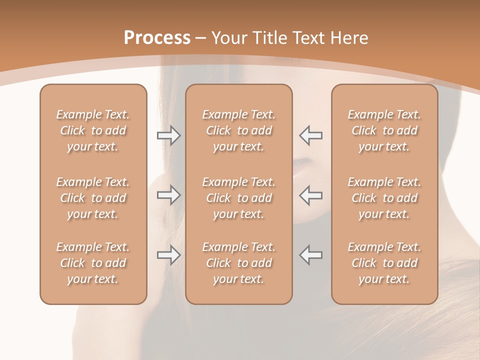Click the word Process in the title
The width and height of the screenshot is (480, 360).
(x=157, y=37)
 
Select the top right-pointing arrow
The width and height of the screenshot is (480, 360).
(x=169, y=135)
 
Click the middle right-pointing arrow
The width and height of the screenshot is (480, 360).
(x=169, y=195)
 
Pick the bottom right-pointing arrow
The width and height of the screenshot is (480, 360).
(x=169, y=255)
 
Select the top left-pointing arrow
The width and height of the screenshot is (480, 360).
(x=311, y=135)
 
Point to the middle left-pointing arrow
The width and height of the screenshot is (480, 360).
(x=311, y=195)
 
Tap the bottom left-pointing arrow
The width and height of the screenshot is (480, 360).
(x=311, y=254)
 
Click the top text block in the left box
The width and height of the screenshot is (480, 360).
(x=93, y=130)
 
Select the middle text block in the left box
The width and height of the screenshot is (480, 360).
(x=93, y=198)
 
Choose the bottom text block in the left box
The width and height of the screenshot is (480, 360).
(x=93, y=263)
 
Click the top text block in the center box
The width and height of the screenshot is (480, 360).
(x=239, y=130)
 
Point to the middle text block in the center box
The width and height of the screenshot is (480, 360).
(x=239, y=198)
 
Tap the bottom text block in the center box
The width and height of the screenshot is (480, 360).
(x=239, y=263)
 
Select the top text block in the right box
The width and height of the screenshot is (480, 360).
(x=384, y=130)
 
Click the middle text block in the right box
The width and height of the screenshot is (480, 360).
(x=384, y=198)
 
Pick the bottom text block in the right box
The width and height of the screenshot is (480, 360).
(x=384, y=263)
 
